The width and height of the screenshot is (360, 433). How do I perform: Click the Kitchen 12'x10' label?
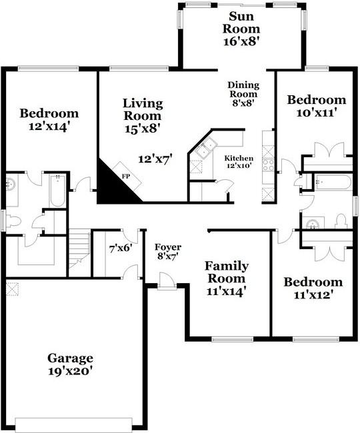238,162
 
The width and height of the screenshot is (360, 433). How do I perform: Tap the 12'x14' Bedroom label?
49,119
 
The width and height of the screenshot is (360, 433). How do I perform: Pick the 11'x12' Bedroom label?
313,288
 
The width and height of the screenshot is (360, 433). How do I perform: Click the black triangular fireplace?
109,187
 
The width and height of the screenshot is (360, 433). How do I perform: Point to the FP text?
125,177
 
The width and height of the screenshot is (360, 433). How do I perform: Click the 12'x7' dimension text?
155,159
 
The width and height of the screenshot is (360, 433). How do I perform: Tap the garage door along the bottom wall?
79,424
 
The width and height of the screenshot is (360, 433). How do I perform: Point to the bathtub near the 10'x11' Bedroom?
333,182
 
